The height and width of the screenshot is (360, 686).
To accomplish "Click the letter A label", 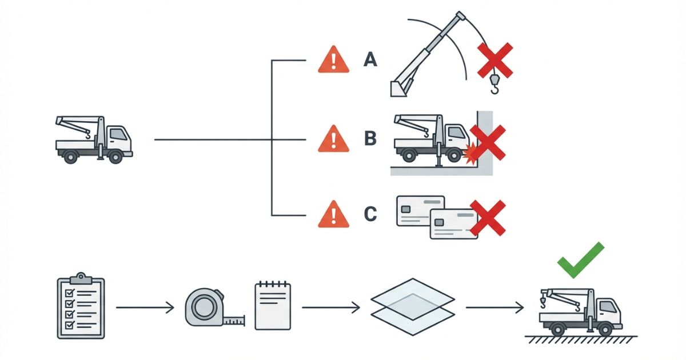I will point(370,59).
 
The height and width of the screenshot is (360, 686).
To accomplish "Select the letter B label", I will point(370,139).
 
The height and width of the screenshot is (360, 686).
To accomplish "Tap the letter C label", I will point(370,214).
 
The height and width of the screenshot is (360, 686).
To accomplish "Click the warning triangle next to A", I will point(333,60).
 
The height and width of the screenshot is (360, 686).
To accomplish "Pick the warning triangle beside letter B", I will point(333,139).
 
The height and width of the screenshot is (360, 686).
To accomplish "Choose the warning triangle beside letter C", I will point(333,215).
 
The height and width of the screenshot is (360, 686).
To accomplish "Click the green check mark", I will point(580,260).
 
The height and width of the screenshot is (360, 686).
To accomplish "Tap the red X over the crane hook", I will point(495,60).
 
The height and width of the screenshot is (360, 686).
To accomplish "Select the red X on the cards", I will point(487,217).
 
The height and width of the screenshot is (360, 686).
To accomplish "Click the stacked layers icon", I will point(412,307).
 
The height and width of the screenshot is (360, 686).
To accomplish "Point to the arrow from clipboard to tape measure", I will point(145,308).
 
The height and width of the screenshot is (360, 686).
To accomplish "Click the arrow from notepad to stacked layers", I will point(331,308).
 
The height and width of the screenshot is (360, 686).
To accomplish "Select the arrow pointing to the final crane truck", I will point(494,308).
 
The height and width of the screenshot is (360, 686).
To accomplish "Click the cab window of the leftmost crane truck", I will point(118,135).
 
